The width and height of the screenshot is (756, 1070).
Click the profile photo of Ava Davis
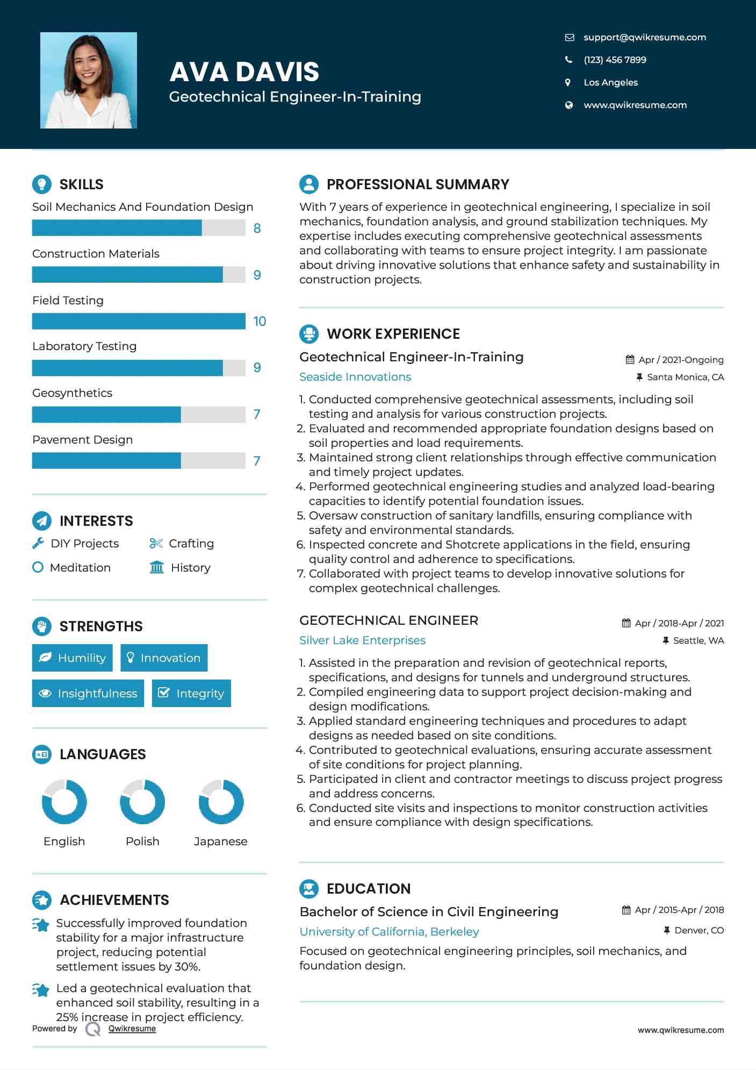89,81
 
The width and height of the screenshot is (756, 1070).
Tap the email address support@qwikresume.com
644,37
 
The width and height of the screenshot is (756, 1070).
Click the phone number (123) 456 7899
615,60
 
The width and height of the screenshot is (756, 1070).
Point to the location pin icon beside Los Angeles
568,82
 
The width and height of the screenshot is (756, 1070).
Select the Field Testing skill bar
139,322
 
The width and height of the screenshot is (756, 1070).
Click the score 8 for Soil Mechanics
257,229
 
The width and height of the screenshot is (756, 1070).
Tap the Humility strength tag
73,658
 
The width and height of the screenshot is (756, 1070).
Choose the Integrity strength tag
191,694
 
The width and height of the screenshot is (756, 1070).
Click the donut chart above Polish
142,802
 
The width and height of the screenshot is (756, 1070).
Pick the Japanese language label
220,841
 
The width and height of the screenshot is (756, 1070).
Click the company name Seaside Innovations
355,377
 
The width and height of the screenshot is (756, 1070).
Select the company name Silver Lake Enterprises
362,640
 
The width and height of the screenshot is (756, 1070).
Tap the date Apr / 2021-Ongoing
681,360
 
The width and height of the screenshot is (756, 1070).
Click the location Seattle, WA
698,640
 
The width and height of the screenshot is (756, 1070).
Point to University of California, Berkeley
389,932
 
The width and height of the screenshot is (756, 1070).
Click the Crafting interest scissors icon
156,544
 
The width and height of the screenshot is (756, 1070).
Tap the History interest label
190,568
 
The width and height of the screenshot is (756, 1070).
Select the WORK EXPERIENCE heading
393,334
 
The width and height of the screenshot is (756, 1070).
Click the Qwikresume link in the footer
132,1029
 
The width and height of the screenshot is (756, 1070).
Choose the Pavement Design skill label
82,440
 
